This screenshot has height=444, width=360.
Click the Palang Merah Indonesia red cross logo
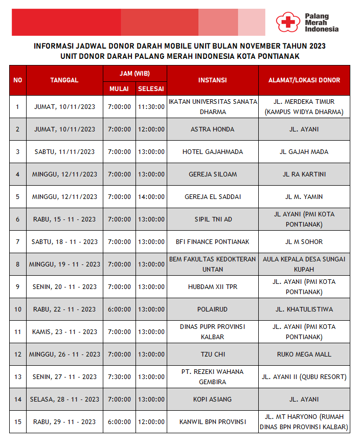pyautogui.click(x=286, y=22)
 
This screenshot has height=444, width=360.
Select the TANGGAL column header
pyautogui.click(x=64, y=80)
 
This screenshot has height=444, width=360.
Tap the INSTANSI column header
pyautogui.click(x=212, y=80)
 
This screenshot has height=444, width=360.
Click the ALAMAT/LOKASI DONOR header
pyautogui.click(x=304, y=80)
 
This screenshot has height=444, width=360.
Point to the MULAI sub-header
pyautogui.click(x=119, y=89)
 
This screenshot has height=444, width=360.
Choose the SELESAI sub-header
pyautogui.click(x=151, y=89)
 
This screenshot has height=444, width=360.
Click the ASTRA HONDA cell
pyautogui.click(x=212, y=129)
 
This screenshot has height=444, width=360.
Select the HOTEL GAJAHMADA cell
pyautogui.click(x=212, y=152)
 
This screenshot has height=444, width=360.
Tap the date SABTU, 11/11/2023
pyautogui.click(x=64, y=152)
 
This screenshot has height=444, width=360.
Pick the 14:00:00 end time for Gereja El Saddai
pyautogui.click(x=151, y=197)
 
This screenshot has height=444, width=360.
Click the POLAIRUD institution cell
pyautogui.click(x=212, y=309)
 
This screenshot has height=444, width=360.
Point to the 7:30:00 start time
pyautogui.click(x=119, y=377)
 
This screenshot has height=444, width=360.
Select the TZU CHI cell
pyautogui.click(x=212, y=354)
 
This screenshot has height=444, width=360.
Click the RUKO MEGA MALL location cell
pyautogui.click(x=304, y=354)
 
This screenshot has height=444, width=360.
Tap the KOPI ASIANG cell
pyautogui.click(x=212, y=399)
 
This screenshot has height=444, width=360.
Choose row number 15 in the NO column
pyautogui.click(x=18, y=422)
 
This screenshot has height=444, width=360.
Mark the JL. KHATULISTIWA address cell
pyautogui.click(x=304, y=309)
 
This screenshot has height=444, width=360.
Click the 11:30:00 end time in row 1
pyautogui.click(x=151, y=107)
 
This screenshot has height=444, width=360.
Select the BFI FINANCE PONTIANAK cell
pyautogui.click(x=212, y=242)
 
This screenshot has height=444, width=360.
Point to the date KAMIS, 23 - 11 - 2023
pyautogui.click(x=64, y=332)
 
